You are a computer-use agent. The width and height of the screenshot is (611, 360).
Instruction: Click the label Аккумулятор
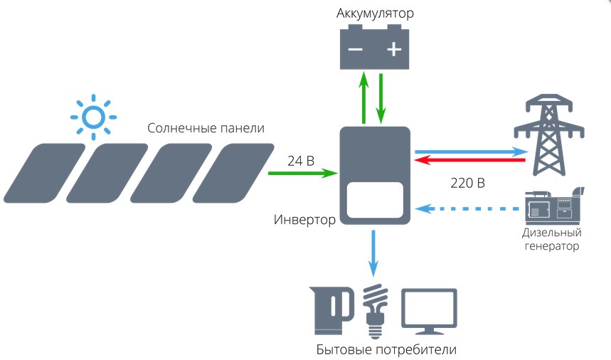point(375,14)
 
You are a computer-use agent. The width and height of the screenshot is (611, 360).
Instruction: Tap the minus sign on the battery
point(355,50)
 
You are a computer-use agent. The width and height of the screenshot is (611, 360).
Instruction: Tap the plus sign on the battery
point(394,50)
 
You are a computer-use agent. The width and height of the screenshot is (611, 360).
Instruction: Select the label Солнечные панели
point(206,129)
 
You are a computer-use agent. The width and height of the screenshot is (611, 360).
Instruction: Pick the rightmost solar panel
point(232,171)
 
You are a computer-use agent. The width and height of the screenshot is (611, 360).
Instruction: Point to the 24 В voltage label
point(301,161)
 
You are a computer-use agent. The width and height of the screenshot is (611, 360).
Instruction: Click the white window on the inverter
point(375,200)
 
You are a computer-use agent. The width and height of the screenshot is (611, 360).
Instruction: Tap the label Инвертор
point(304,219)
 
